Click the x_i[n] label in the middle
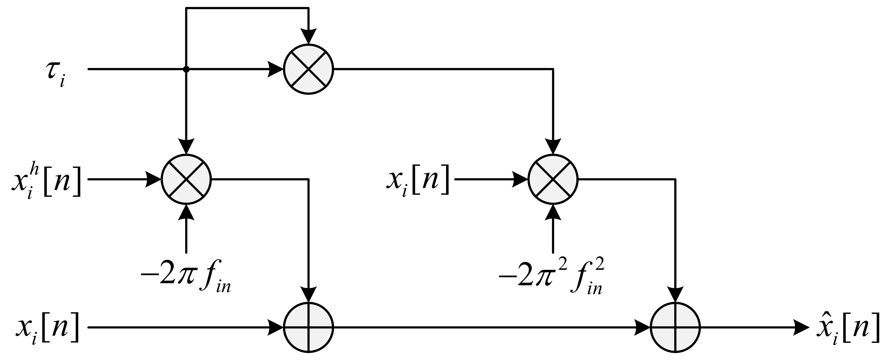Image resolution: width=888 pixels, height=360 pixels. pos(418,181)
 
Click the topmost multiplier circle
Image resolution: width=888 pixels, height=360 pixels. pos(309,69)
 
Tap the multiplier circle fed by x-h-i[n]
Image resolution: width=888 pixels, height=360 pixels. pos(186,179)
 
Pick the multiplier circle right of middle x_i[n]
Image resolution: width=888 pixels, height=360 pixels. pos(553,179)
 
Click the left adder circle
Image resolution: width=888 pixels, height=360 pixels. pos(309,327)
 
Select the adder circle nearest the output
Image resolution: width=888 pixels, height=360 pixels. pos(675,327)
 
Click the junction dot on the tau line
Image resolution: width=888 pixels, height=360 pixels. pos(186,69)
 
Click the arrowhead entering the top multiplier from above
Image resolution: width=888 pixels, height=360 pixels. pos(309,36)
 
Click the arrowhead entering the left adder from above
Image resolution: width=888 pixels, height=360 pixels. pos(309,294)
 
